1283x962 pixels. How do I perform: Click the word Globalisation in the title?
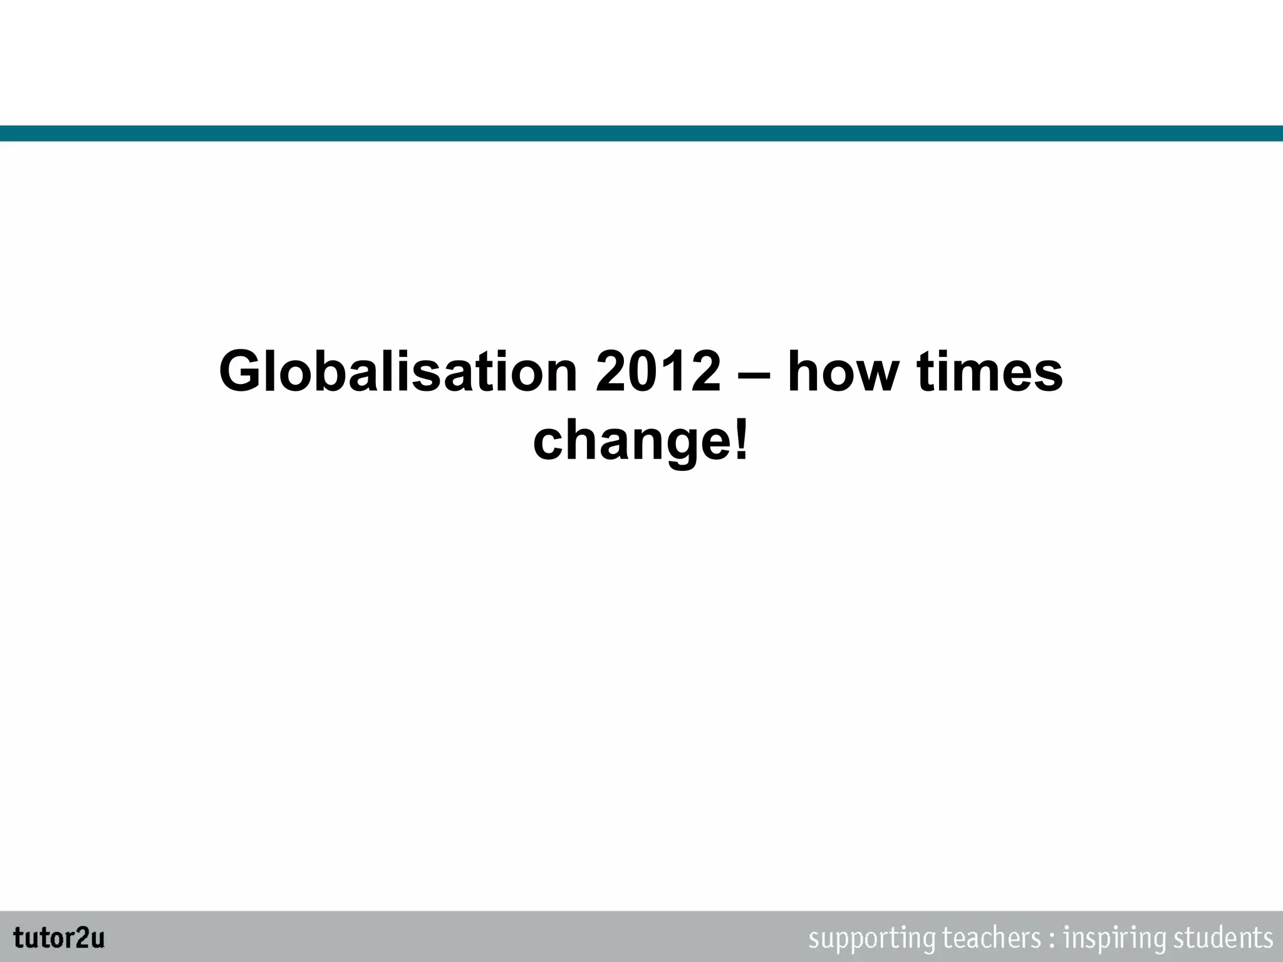(398, 372)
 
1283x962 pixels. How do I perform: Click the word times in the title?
(990, 372)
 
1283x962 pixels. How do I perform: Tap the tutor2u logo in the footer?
(59, 938)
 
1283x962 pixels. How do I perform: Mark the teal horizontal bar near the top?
(641, 133)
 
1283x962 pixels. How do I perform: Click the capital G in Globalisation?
(242, 372)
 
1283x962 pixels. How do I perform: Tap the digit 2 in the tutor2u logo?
(81, 938)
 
